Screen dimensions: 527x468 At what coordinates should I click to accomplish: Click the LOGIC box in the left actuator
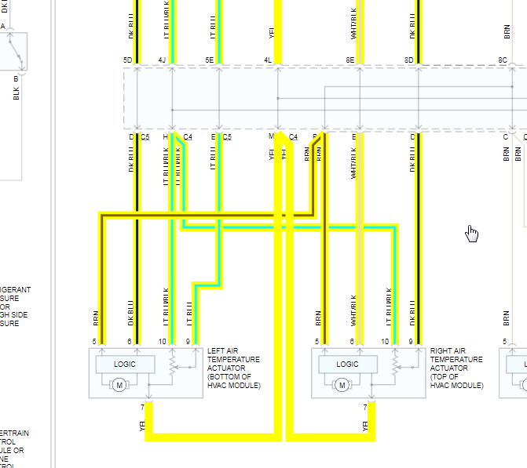pyautogui.click(x=124, y=364)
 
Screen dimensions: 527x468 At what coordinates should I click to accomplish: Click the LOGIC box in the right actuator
pyautogui.click(x=347, y=364)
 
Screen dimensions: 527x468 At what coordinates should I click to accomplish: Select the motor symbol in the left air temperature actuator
pyautogui.click(x=119, y=384)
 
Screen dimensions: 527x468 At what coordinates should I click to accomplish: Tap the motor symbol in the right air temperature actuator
pyautogui.click(x=342, y=384)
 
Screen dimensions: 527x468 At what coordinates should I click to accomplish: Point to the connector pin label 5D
pyautogui.click(x=127, y=60)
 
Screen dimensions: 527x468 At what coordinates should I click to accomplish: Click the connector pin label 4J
pyautogui.click(x=162, y=60)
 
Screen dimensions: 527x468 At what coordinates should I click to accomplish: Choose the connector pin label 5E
pyautogui.click(x=208, y=60)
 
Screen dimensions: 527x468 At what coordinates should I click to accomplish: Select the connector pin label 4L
pyautogui.click(x=268, y=60)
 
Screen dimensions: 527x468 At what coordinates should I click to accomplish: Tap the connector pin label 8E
pyautogui.click(x=350, y=60)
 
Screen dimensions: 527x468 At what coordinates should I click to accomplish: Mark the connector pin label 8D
pyautogui.click(x=408, y=60)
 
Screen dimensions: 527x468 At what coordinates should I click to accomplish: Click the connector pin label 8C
pyautogui.click(x=502, y=60)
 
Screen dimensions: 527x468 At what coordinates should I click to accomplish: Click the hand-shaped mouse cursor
pyautogui.click(x=472, y=234)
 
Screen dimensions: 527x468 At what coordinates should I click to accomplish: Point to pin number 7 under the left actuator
pyautogui.click(x=142, y=407)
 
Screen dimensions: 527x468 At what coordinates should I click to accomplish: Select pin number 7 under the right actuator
pyautogui.click(x=365, y=407)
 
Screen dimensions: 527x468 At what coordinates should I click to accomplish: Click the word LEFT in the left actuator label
pyautogui.click(x=216, y=350)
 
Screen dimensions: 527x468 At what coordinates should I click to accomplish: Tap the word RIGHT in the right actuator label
pyautogui.click(x=441, y=350)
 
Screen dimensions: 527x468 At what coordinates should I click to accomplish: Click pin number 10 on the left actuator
pyautogui.click(x=163, y=341)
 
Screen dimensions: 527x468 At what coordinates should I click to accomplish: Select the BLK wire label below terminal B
pyautogui.click(x=16, y=93)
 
